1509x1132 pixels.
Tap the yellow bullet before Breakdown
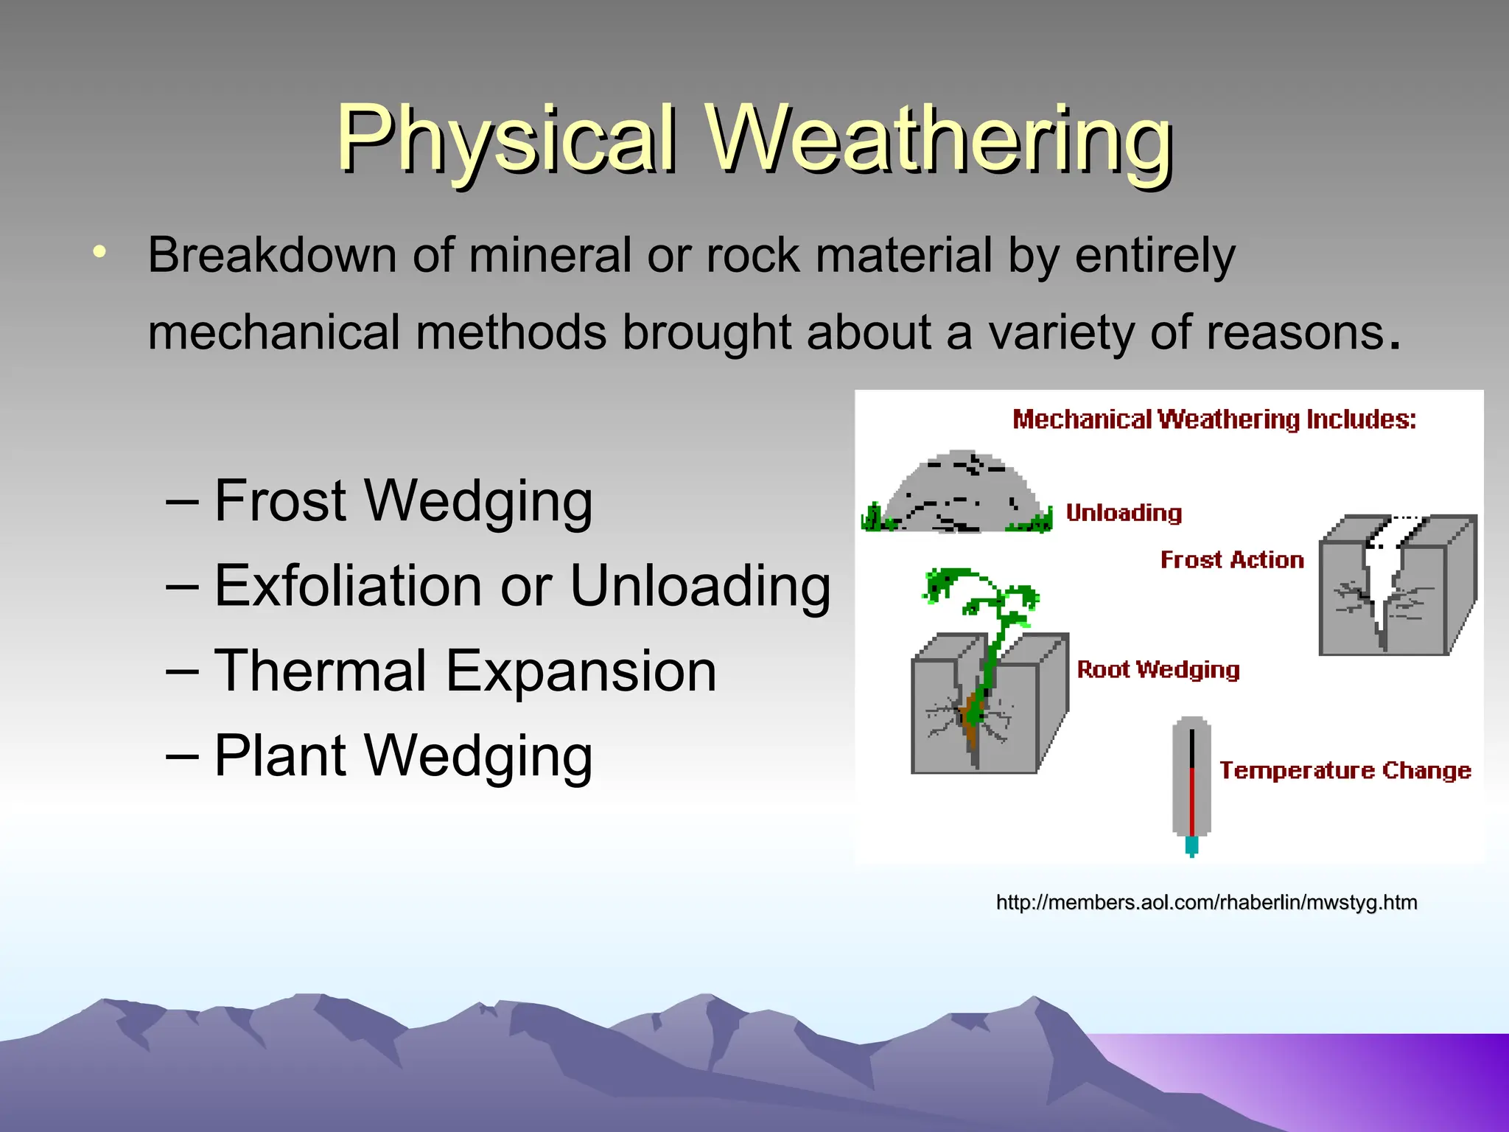coord(99,253)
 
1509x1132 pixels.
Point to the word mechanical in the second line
coord(273,332)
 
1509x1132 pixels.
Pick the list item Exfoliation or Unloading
coord(522,587)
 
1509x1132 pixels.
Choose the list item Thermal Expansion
coord(464,671)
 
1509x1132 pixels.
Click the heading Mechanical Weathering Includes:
coord(1214,419)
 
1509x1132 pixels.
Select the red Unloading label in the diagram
coord(1124,513)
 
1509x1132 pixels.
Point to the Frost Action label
coord(1232,560)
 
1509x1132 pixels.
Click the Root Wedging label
coord(1158,669)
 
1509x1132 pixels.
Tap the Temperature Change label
coord(1345,770)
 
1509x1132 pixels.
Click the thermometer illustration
coord(1191,785)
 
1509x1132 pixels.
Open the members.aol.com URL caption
coord(1206,902)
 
